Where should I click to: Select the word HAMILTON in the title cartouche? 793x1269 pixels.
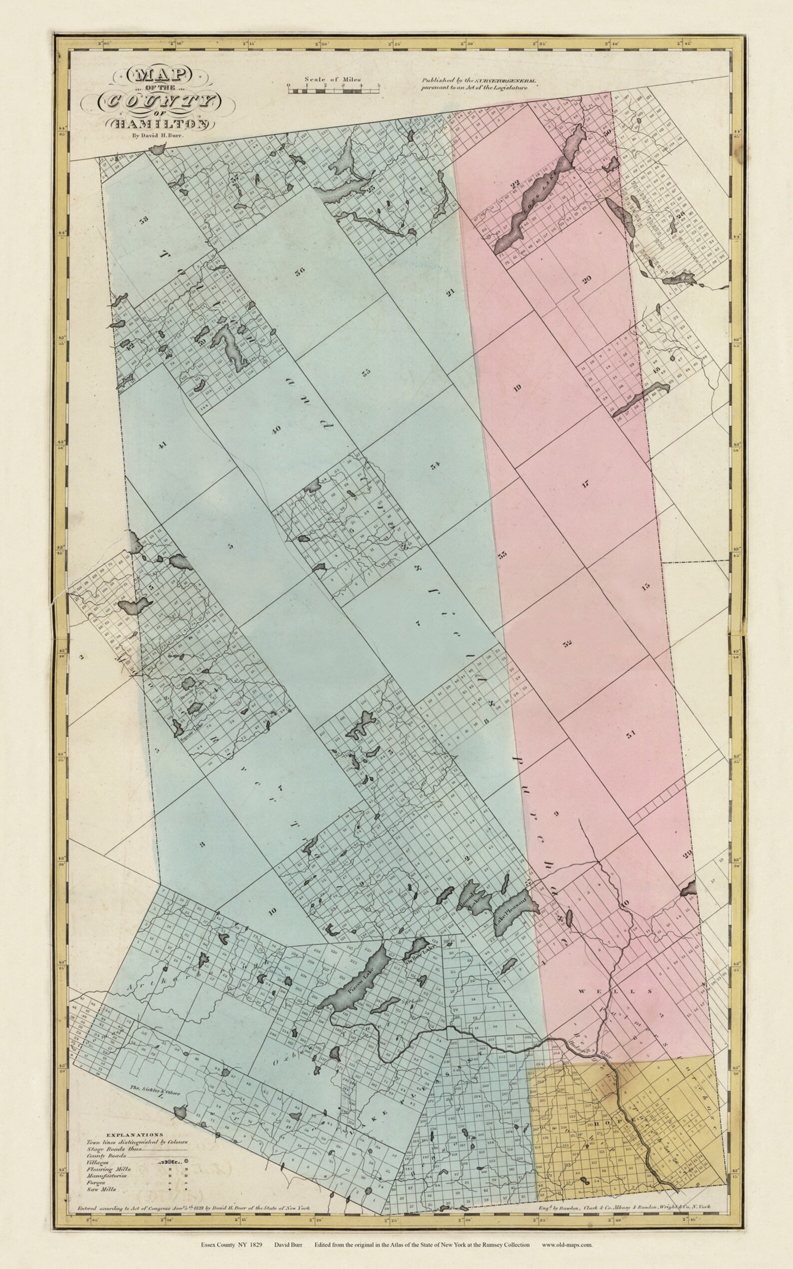pos(160,124)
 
